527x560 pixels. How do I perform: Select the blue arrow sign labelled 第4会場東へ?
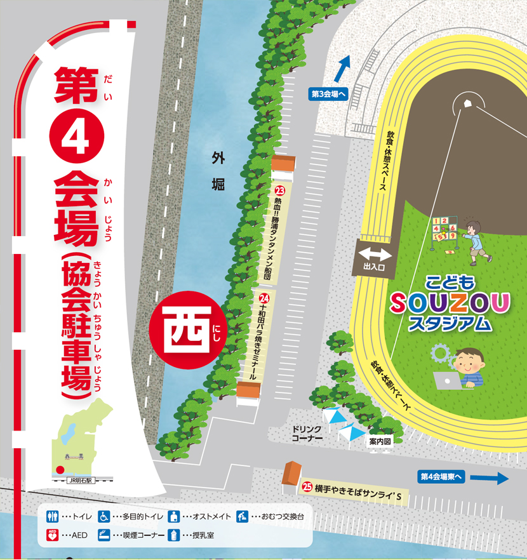click(464, 477)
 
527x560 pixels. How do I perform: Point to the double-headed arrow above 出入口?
click(376, 255)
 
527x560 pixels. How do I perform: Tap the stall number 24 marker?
click(265, 297)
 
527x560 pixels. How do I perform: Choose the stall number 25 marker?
click(307, 488)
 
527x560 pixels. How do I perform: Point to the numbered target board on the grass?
click(444, 230)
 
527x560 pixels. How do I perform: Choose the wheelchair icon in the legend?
click(103, 516)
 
